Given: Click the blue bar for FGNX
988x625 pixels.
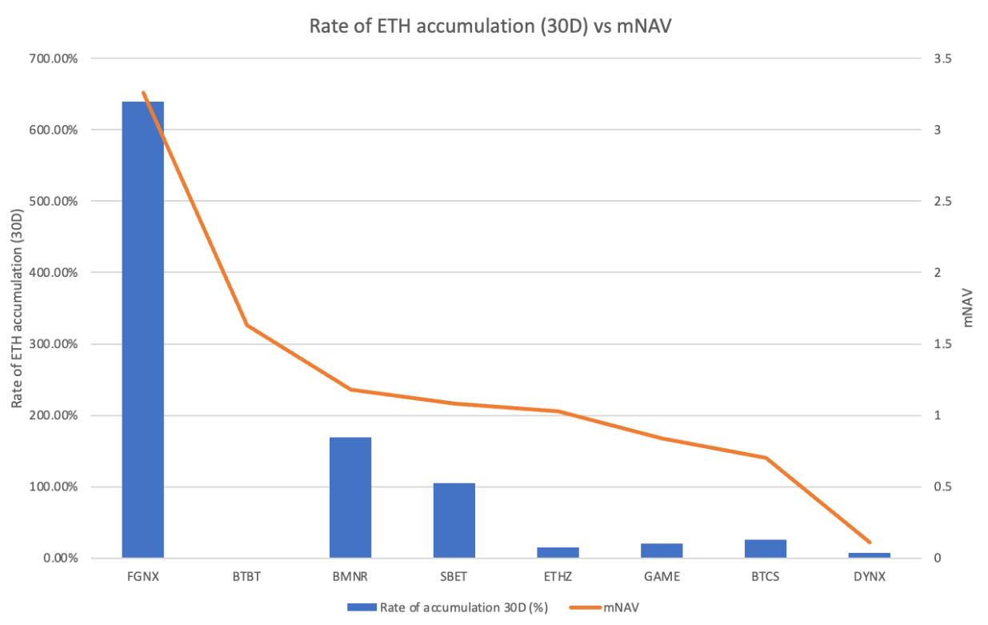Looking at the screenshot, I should click(x=142, y=329).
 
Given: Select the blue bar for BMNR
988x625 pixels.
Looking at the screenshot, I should click(x=350, y=497).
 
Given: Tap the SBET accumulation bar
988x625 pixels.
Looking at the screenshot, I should click(x=454, y=520).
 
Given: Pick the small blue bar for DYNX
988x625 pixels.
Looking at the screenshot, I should click(x=870, y=555).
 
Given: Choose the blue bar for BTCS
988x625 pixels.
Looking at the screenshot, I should click(x=766, y=548).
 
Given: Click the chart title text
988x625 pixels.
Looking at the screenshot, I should click(x=494, y=26).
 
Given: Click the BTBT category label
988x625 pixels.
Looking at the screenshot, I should click(x=246, y=576).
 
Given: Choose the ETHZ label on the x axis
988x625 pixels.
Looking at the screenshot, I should click(x=558, y=576).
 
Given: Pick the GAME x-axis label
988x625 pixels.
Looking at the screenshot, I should click(x=662, y=576).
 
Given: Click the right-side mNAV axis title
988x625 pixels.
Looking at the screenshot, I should click(x=969, y=308).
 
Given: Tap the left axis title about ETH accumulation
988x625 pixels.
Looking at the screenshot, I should click(x=17, y=308).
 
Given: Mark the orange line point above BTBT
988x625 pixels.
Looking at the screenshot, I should click(x=246, y=325).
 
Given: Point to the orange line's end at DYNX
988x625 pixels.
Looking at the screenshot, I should click(x=870, y=543).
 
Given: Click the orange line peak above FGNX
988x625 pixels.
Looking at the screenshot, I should click(x=143, y=93).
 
